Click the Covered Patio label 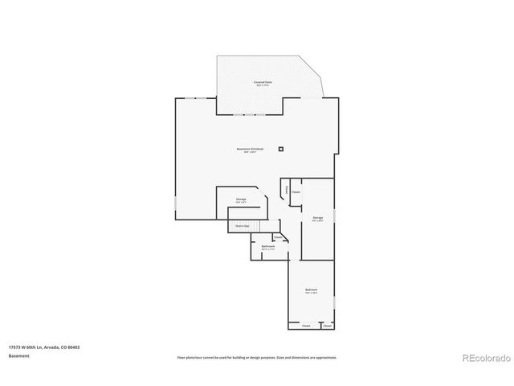pyautogui.click(x=261, y=83)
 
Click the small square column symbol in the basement pyautogui.click(x=281, y=149)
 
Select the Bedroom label pyautogui.click(x=311, y=290)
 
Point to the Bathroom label pyautogui.click(x=268, y=247)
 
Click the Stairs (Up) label pyautogui.click(x=241, y=226)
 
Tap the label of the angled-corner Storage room pyautogui.click(x=241, y=199)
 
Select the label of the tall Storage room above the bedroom pyautogui.click(x=318, y=218)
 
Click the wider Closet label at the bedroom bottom pyautogui.click(x=306, y=326)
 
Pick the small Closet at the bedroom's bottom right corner pyautogui.click(x=328, y=326)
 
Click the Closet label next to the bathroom pyautogui.click(x=279, y=237)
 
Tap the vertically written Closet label pyautogui.click(x=287, y=190)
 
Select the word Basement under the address pyautogui.click(x=19, y=355)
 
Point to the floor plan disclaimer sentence pyautogui.click(x=257, y=356)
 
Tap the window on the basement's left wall pyautogui.click(x=177, y=209)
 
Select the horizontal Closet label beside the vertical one pyautogui.click(x=296, y=192)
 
